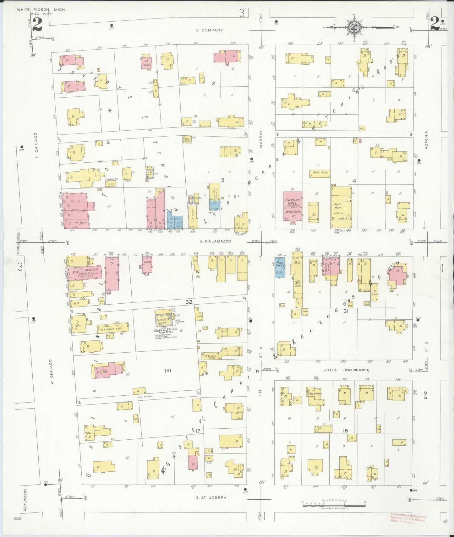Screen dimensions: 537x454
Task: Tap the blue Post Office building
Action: [x=280, y=267]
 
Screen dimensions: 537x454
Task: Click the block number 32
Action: [x=189, y=302]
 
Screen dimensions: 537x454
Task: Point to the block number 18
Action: [x=345, y=431]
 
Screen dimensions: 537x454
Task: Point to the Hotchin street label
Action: [x=426, y=140]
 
